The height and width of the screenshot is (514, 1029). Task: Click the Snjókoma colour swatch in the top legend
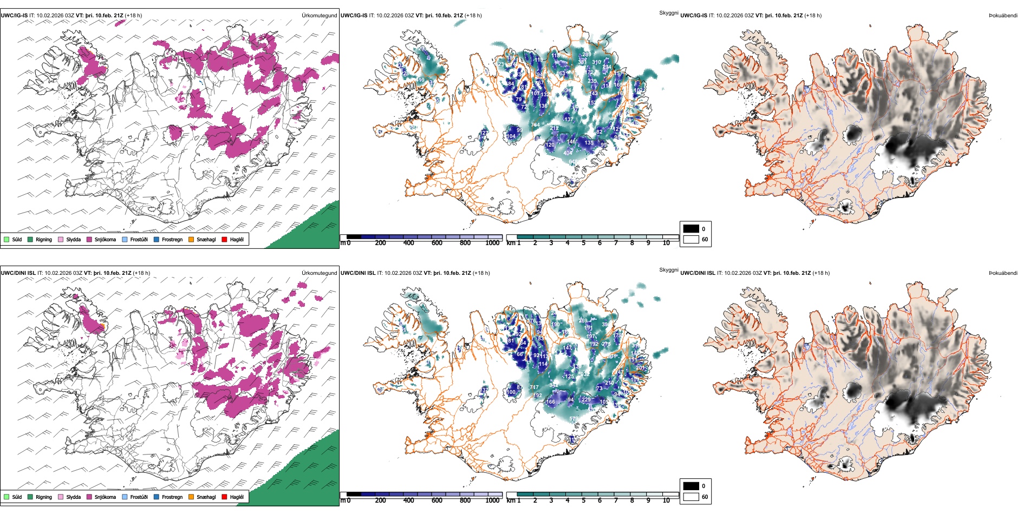(89, 239)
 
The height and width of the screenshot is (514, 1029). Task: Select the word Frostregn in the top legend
(172, 239)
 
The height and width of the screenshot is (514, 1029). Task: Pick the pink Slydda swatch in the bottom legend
(61, 497)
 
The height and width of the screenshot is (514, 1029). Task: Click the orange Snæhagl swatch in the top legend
(191, 239)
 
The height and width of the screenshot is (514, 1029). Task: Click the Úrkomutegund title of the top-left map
(319, 15)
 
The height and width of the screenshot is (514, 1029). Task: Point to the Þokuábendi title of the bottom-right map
(1003, 273)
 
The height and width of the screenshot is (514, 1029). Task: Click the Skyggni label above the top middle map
(668, 12)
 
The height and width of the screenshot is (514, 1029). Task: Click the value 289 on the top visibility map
(587, 55)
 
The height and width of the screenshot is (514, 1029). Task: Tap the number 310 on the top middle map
(596, 62)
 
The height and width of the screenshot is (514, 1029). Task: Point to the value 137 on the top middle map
(568, 119)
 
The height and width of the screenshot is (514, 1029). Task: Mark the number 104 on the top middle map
(511, 136)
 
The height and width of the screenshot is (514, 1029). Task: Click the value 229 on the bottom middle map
(586, 400)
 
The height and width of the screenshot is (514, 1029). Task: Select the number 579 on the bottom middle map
(572, 419)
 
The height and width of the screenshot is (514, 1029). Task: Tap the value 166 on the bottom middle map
(550, 402)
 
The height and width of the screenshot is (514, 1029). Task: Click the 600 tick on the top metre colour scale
(437, 243)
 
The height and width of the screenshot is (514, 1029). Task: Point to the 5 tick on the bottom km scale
(583, 500)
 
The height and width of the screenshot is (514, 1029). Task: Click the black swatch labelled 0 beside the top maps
(691, 228)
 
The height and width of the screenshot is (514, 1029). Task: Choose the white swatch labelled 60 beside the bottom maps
(691, 497)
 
